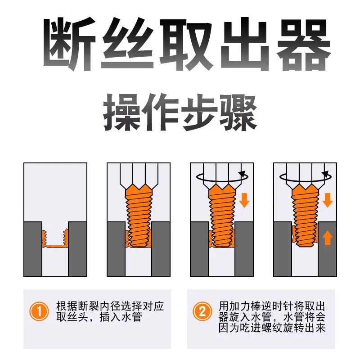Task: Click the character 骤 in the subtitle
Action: click(238, 113)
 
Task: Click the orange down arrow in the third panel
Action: click(244, 200)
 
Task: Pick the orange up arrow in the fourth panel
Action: click(328, 238)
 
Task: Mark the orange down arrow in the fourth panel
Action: click(328, 200)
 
